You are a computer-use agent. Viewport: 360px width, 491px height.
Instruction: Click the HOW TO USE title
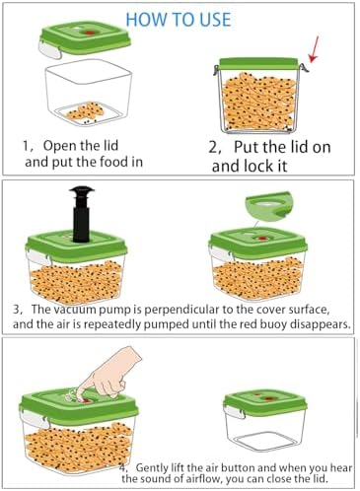pyautogui.click(x=179, y=20)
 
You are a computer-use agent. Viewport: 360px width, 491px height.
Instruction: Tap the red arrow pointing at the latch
pyautogui.click(x=314, y=49)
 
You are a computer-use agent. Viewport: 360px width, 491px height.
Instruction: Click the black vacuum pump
pyautogui.click(x=81, y=214)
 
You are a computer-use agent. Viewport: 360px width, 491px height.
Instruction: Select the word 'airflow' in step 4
pyautogui.click(x=203, y=478)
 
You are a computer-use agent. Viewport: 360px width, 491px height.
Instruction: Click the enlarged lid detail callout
pyautogui.click(x=268, y=205)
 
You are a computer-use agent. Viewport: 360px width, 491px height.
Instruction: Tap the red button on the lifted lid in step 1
pyautogui.click(x=88, y=33)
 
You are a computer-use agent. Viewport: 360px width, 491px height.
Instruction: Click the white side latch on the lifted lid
pyautogui.click(x=50, y=50)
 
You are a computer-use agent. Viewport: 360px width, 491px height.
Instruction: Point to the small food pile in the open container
pyautogui.click(x=86, y=111)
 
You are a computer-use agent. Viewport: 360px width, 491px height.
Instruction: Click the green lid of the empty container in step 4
pyautogui.click(x=265, y=403)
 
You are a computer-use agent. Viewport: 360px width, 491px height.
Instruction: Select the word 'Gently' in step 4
pyautogui.click(x=152, y=467)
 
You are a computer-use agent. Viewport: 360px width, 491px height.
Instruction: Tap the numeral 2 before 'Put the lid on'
pyautogui.click(x=213, y=148)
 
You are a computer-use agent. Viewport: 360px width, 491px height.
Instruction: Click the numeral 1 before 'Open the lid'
pyautogui.click(x=26, y=146)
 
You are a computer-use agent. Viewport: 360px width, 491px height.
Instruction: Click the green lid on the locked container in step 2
pyautogui.click(x=258, y=64)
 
